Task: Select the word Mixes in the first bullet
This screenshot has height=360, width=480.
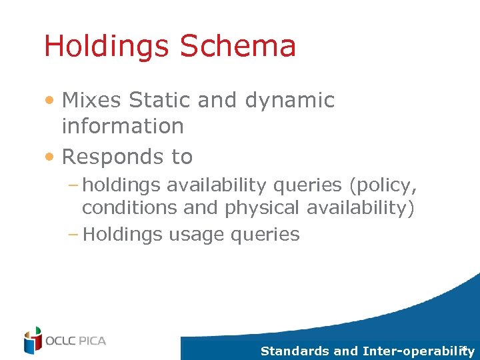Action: click(92, 100)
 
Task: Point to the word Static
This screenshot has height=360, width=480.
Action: click(160, 100)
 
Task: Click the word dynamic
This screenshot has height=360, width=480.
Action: click(290, 100)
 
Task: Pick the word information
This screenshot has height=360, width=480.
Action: click(123, 125)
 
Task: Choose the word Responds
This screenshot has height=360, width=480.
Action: click(106, 157)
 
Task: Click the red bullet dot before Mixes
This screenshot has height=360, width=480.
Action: click(51, 101)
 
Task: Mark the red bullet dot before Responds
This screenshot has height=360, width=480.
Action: click(51, 157)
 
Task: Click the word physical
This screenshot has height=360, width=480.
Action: click(262, 208)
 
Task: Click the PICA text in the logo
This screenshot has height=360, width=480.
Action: click(90, 341)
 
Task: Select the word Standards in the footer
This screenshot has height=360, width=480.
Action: click(294, 351)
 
